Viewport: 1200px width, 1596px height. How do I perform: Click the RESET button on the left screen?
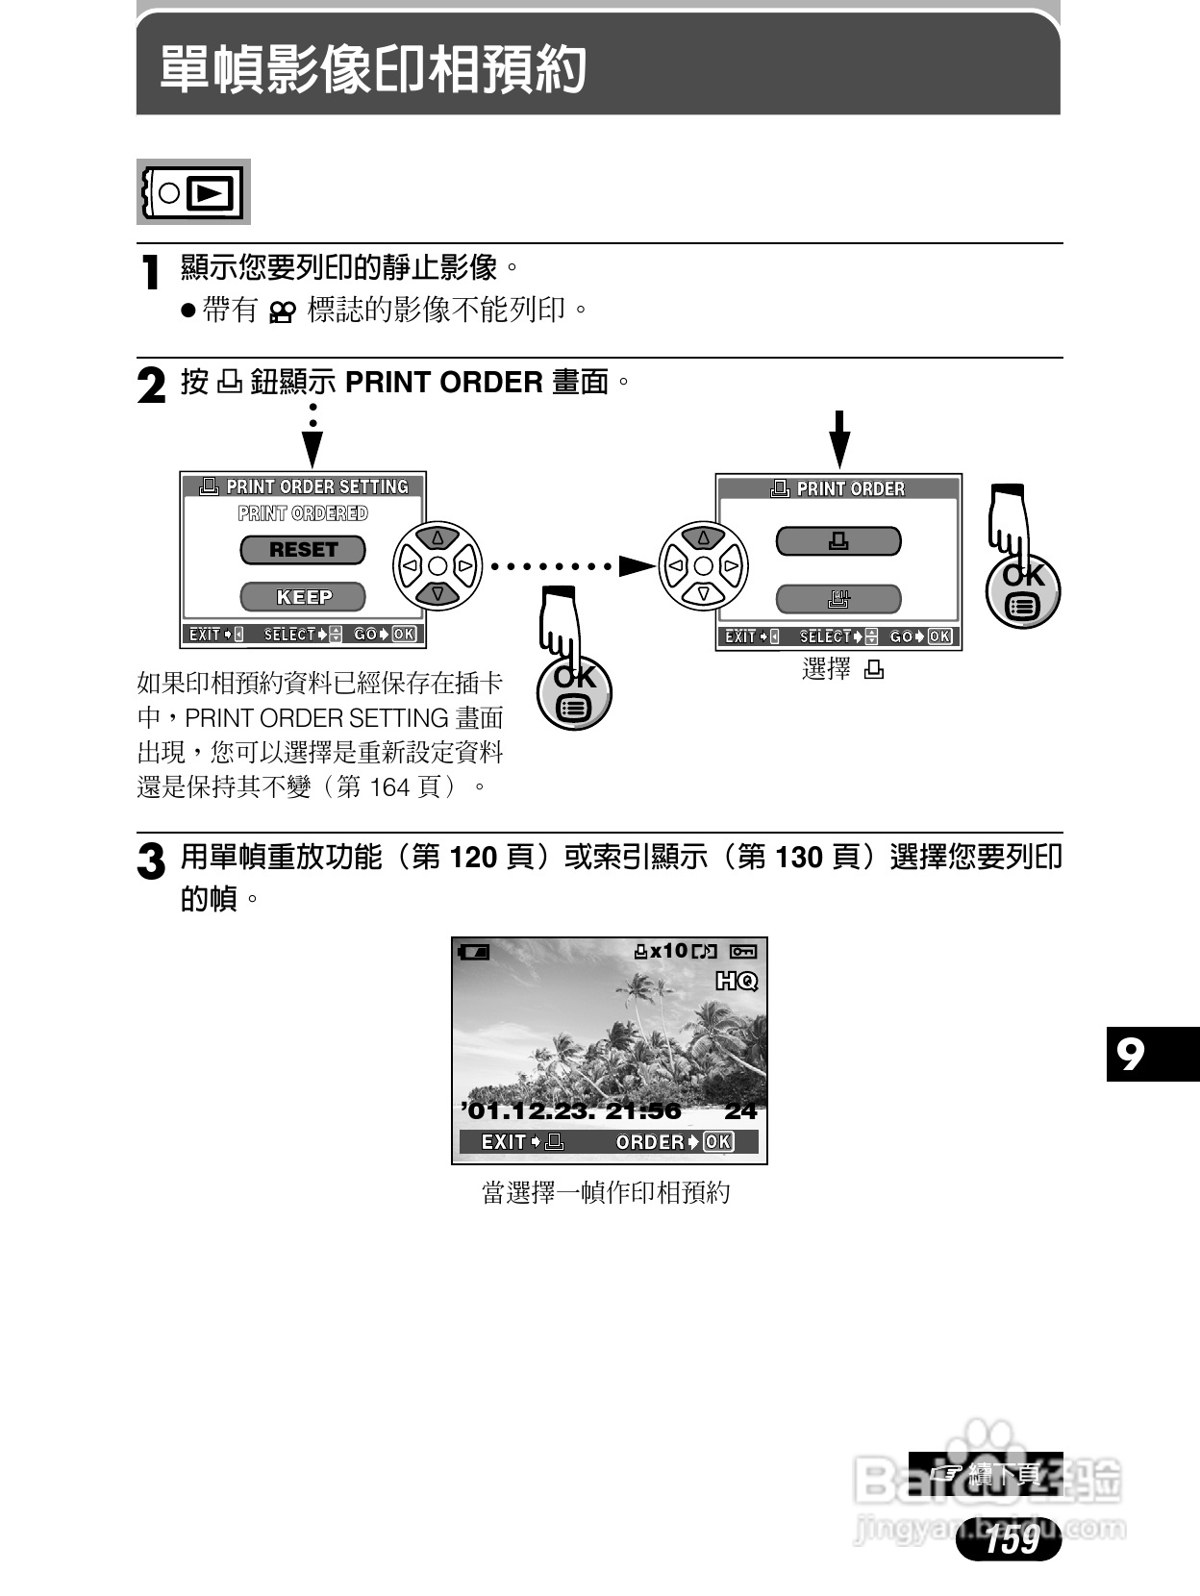point(303,550)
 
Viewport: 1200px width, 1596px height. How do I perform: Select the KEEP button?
point(303,597)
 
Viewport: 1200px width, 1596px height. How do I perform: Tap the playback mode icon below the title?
point(193,192)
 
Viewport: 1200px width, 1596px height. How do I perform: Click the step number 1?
point(150,273)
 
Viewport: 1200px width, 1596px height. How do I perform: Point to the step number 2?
point(152,387)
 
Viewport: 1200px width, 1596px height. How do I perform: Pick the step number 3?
point(151,861)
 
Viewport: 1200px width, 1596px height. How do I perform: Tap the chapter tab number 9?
point(1131,1055)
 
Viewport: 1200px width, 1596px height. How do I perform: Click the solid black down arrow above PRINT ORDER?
point(839,439)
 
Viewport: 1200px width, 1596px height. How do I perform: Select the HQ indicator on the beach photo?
point(737,981)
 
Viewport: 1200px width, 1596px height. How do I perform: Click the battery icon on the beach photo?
point(474,952)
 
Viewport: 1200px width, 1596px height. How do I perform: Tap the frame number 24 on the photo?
point(740,1111)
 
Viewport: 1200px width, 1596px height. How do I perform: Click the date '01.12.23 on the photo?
point(523,1111)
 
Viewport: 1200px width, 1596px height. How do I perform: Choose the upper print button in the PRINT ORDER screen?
point(838,541)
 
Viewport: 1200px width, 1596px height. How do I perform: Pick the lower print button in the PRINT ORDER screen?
point(838,599)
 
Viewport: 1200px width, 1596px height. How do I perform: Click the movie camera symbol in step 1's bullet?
point(281,312)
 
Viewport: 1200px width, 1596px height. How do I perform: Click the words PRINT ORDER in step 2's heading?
point(443,383)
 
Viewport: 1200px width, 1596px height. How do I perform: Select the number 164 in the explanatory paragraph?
point(389,787)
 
